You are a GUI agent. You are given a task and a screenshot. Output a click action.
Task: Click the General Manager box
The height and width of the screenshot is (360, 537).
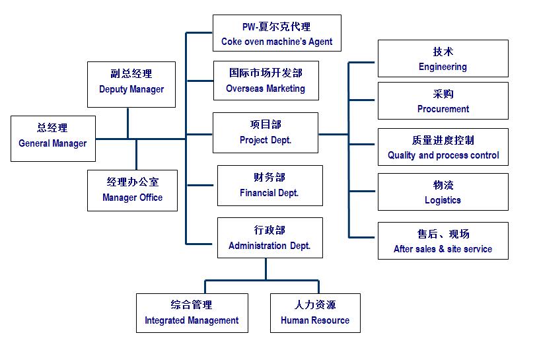coord(53,139)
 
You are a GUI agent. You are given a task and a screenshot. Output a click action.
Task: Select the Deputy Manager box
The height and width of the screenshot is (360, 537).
coord(131,85)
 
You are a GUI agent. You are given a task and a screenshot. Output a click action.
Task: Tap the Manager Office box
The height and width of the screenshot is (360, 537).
coord(133,190)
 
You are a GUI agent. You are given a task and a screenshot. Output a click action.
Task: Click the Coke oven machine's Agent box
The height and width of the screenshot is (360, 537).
coord(277,33)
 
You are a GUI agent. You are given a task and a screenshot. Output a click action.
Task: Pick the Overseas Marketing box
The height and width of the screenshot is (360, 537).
coord(266,81)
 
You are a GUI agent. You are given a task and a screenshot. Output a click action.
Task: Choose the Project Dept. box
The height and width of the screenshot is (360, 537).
coord(266,133)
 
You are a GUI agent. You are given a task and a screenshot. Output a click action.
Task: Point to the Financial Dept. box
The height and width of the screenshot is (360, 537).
coord(270,186)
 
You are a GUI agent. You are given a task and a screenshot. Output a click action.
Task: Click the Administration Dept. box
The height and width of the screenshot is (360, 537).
coord(270,238)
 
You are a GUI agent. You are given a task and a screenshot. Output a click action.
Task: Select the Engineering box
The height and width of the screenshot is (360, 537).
coord(443,59)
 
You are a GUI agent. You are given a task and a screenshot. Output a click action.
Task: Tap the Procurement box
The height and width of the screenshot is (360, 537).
coord(443,100)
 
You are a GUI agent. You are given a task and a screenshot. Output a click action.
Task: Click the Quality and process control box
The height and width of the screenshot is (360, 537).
coord(443,147)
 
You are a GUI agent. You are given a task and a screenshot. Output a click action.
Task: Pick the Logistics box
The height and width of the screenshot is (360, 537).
coord(443,192)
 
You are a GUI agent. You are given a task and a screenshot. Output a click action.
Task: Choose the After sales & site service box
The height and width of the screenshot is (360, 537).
coord(443,241)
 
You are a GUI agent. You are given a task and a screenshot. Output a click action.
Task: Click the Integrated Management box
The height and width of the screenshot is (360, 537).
coord(192,313)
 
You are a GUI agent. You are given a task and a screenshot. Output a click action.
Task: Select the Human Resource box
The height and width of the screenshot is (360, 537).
coord(316,313)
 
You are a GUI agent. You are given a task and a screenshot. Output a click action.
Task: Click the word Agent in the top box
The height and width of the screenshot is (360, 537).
coord(320,42)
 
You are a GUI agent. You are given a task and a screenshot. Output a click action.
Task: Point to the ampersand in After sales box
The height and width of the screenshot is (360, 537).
coord(441,249)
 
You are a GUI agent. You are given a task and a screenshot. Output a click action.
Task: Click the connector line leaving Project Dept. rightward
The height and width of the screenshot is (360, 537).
coord(334,134)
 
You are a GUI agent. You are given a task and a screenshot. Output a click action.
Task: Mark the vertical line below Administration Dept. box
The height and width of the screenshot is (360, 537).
coord(266,270)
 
